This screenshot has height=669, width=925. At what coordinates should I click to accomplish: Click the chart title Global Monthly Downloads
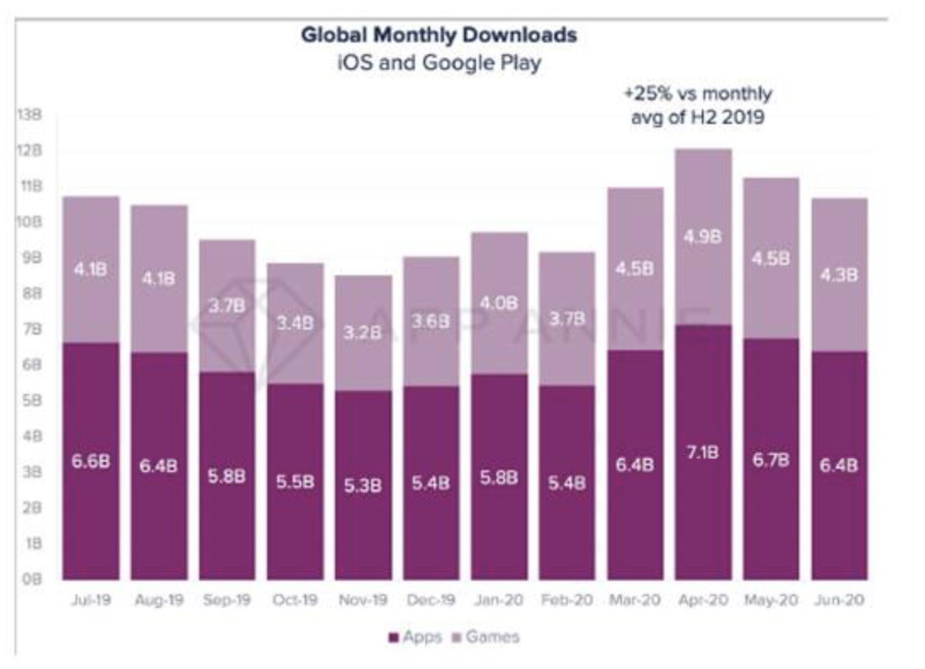click(439, 36)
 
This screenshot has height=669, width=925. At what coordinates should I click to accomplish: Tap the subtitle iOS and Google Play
click(439, 63)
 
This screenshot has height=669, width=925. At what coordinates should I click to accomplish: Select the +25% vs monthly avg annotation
click(698, 105)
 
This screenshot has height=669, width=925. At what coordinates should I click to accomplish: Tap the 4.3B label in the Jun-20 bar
click(839, 274)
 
